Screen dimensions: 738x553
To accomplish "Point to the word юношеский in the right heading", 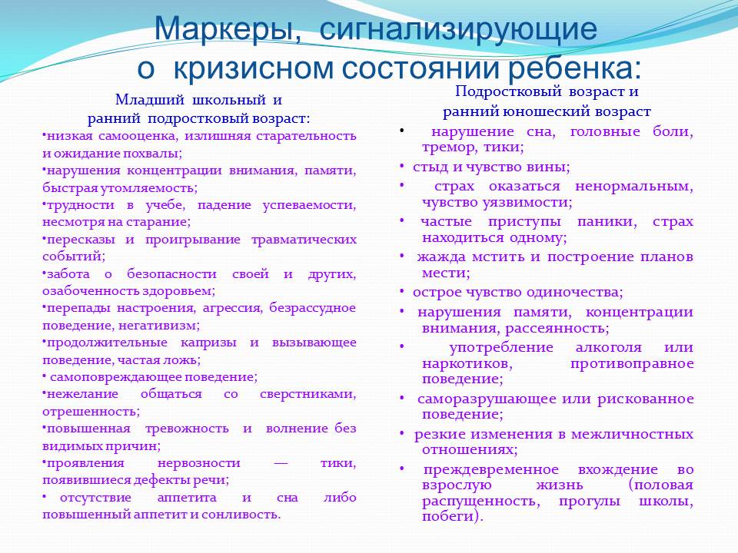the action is point(546,111).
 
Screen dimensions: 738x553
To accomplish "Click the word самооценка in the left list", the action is point(138,137).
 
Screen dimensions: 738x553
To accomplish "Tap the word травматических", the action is point(304,240).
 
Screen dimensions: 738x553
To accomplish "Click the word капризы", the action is point(208,343).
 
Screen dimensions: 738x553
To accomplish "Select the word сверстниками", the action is point(307,394).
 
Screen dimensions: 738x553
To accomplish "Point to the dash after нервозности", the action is point(281,463).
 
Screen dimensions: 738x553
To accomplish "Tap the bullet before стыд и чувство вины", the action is point(402,167).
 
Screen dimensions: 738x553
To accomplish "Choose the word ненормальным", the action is point(634,187).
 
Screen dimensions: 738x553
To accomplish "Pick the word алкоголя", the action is point(608,348).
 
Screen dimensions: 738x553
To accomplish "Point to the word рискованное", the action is point(645,399).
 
